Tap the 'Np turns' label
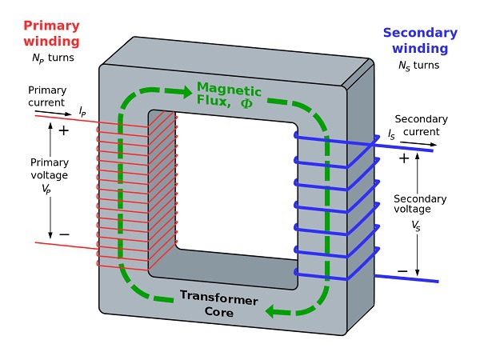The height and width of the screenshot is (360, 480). (x=47, y=60)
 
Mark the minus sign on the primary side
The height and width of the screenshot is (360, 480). (x=64, y=234)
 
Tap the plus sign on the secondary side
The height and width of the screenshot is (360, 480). (x=404, y=158)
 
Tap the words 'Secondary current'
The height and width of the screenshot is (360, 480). (x=422, y=124)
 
